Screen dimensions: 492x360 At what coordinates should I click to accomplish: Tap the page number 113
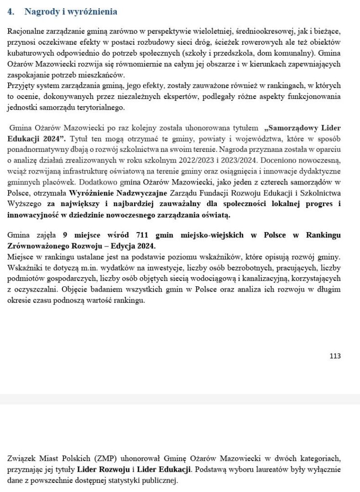tap(335, 356)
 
